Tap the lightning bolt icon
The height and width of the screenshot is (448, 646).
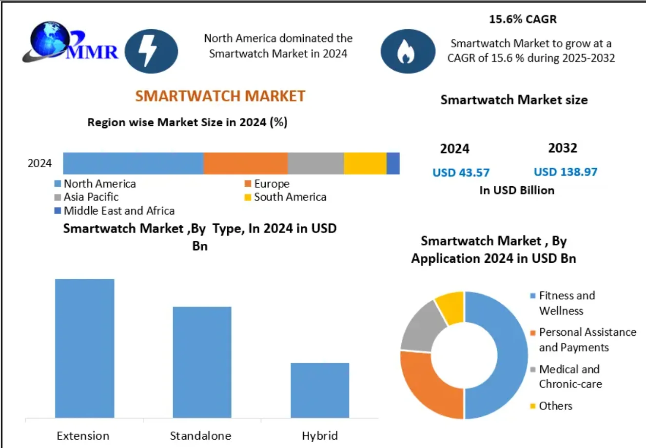coord(151,51)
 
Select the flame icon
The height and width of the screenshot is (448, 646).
coord(408,51)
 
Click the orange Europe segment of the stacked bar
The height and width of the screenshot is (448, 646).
coord(245,163)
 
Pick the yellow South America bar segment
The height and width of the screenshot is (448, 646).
coord(365,163)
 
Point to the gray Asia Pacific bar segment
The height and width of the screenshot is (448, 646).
coord(315,163)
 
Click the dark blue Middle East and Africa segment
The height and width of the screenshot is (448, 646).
coord(393,163)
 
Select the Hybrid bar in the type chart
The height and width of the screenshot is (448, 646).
coord(320,390)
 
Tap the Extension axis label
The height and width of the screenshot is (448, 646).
coord(83,435)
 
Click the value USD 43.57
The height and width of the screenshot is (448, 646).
coord(461,173)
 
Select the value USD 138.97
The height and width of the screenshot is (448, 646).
coord(565,172)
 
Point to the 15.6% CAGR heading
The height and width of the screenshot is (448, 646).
coord(523,19)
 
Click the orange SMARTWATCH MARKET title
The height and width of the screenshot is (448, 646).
coord(220,96)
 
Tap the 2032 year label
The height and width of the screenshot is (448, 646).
coord(562,148)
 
